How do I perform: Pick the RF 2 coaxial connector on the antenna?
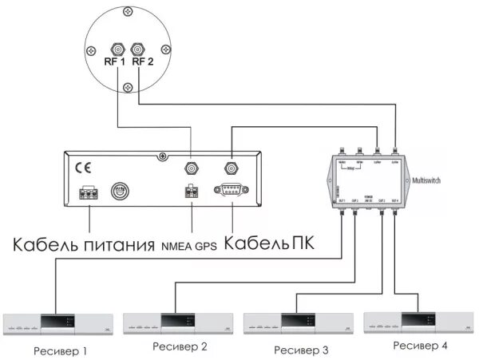coord(139,47)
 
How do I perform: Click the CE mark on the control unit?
coord(83,168)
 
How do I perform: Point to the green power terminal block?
coord(89,192)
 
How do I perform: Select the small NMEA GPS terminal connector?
coord(191,192)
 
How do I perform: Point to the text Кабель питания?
coord(83,243)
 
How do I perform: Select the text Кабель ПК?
coord(269,243)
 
